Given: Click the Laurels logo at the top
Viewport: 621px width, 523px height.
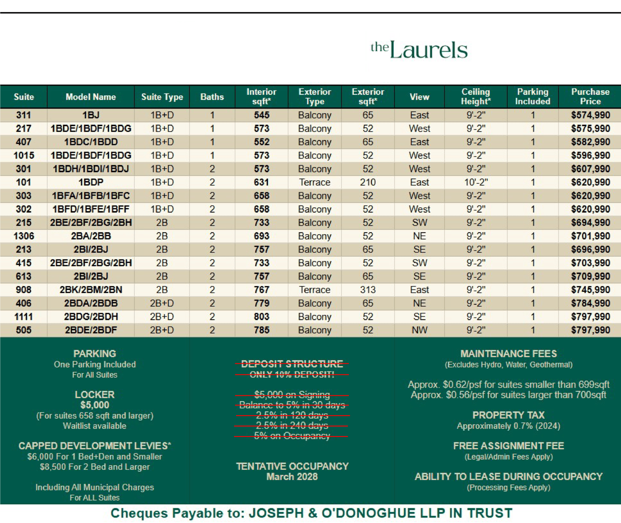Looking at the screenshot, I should pos(419,50).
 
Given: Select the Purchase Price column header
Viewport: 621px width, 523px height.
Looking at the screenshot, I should pos(590,97).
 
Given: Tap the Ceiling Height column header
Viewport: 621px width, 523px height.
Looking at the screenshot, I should pos(475,97).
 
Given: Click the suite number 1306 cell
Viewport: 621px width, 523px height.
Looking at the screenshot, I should pos(24,236).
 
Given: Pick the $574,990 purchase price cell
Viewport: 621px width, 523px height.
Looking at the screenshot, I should pos(590,115).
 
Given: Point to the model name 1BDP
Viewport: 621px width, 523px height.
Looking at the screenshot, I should pos(91,182).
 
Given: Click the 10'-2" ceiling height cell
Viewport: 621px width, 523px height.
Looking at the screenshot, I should pos(476,182).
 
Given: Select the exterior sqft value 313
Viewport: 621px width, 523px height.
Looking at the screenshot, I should pos(368,290).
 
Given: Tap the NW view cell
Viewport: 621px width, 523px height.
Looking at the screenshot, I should pos(419,330).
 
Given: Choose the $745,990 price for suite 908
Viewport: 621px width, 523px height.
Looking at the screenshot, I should pos(590,290).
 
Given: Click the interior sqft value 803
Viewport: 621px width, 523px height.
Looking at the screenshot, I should pos(262,317).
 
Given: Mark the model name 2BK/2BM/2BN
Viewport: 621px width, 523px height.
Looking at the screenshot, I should pos(91,290).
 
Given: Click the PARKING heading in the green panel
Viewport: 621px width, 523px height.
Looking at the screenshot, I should pos(95,354).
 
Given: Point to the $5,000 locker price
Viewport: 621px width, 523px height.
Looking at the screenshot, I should pos(95,405).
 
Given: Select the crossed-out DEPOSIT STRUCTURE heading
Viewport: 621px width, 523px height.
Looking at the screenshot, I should pos(292,364).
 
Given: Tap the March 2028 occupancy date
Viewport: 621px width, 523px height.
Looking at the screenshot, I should pos(292,476).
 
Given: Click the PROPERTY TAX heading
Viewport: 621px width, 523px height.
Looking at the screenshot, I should pos(508,415).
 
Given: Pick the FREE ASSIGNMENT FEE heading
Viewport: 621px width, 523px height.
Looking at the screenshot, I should pos(508,446).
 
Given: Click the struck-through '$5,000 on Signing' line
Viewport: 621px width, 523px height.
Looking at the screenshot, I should pos(292,395).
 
